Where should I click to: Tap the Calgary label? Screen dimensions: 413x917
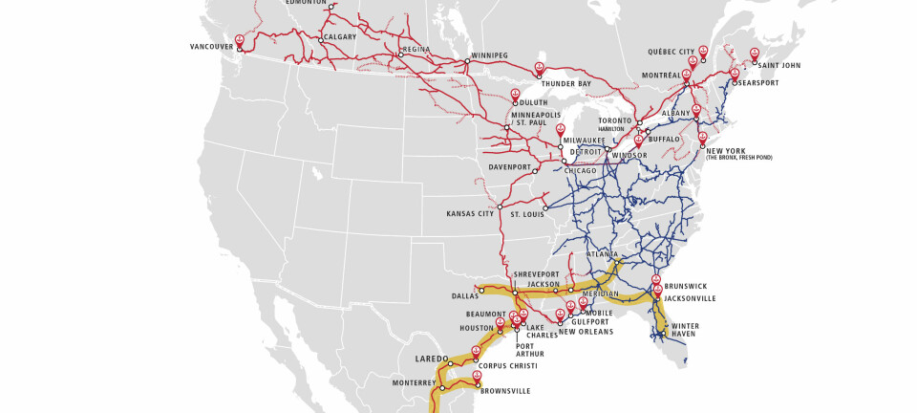tap(340, 37)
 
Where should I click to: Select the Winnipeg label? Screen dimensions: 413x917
tap(489, 55)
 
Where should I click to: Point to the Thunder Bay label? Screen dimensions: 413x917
tap(565, 84)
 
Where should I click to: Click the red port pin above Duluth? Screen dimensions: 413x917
tap(515, 94)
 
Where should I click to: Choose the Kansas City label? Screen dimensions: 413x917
tap(470, 213)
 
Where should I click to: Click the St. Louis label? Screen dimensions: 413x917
tap(528, 214)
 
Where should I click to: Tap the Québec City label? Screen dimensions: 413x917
tap(672, 52)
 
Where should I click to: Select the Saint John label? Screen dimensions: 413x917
tap(778, 65)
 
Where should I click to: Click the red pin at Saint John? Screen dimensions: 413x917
tap(755, 54)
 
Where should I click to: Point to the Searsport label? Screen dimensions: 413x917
tap(757, 83)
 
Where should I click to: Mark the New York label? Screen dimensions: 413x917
tap(725, 151)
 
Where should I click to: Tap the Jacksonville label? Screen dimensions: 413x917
tap(690, 298)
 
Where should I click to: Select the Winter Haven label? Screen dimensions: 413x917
tap(685, 330)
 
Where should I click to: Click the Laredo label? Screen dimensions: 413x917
tap(431, 359)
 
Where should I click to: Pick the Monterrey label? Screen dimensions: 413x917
tap(414, 383)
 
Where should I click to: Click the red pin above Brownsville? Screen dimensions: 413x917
tap(476, 376)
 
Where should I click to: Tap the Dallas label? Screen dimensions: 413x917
tap(465, 296)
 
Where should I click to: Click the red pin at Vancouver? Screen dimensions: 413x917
tap(240, 41)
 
